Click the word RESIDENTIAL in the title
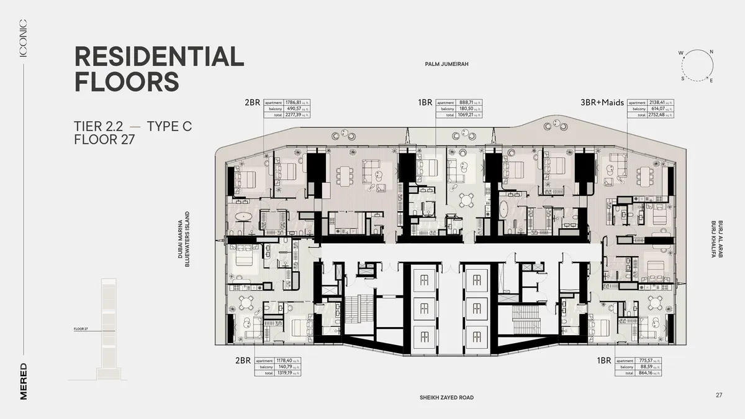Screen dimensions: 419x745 [x=159, y=57]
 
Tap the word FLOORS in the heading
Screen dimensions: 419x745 [x=127, y=81]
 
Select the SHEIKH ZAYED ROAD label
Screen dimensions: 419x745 [x=446, y=398]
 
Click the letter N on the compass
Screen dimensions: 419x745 [x=711, y=52]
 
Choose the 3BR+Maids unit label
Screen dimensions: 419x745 [x=602, y=103]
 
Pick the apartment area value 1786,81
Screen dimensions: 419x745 [x=292, y=103]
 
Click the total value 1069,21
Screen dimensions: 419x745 [x=467, y=115]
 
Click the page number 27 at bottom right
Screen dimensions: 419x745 [x=719, y=395]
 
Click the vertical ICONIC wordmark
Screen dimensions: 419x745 [x=24, y=39]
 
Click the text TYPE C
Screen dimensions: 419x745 [x=169, y=127]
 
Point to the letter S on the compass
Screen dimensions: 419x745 [x=682, y=79]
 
